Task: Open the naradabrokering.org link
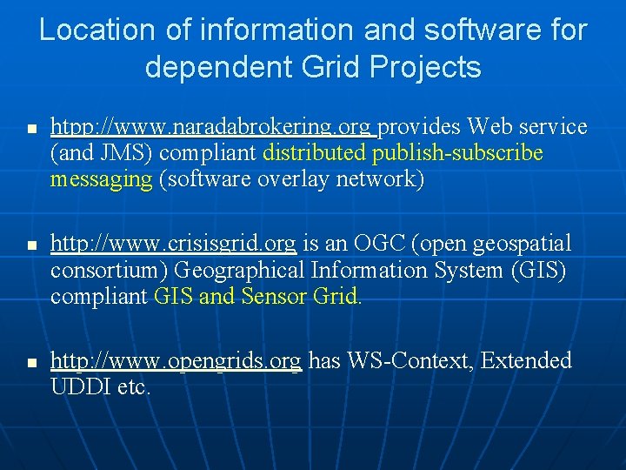(214, 127)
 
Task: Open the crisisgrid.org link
(173, 243)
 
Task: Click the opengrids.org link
(176, 360)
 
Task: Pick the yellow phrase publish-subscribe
(457, 154)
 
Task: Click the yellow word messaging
(101, 180)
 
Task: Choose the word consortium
(109, 270)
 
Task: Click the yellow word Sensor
(266, 296)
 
